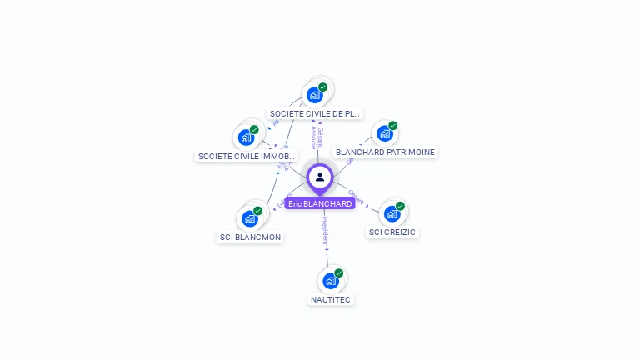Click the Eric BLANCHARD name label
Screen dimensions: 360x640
pyautogui.click(x=320, y=203)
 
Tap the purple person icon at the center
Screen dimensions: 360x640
pyautogui.click(x=320, y=177)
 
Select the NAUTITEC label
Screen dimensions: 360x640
pyautogui.click(x=331, y=299)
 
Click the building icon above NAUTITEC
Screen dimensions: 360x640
pyautogui.click(x=331, y=281)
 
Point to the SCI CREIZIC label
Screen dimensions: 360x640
pyautogui.click(x=392, y=232)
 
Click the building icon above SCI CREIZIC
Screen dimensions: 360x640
pyautogui.click(x=392, y=213)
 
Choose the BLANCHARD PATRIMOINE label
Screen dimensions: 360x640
pyautogui.click(x=385, y=152)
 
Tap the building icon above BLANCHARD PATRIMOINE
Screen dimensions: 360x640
pyautogui.click(x=384, y=133)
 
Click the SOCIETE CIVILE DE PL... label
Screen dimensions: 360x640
pyautogui.click(x=315, y=113)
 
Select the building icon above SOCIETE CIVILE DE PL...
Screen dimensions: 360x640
pyautogui.click(x=314, y=95)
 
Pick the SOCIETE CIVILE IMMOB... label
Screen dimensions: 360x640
pyautogui.click(x=246, y=156)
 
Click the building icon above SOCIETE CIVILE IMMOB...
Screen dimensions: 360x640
pyautogui.click(x=246, y=137)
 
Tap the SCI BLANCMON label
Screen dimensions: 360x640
pyautogui.click(x=250, y=237)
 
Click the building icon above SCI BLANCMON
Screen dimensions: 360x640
pyautogui.click(x=249, y=218)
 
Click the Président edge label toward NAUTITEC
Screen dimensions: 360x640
pyautogui.click(x=325, y=230)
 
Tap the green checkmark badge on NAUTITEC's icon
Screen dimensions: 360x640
pyautogui.click(x=338, y=273)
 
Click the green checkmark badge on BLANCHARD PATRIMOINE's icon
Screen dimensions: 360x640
pyautogui.click(x=392, y=126)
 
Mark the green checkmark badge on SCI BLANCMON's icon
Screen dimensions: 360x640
pyautogui.click(x=257, y=211)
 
